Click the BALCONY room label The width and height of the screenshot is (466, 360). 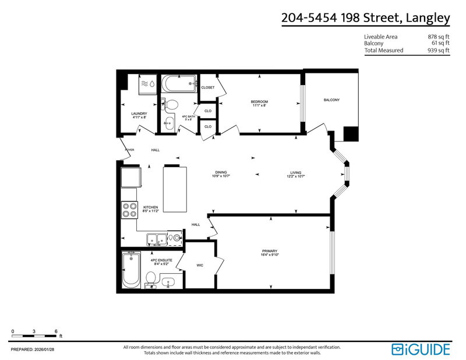click(331, 100)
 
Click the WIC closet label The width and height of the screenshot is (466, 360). click(200, 265)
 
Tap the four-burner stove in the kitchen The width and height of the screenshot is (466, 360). click(129, 210)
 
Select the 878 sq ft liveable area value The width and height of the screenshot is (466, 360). click(438, 36)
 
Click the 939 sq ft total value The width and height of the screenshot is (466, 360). click(438, 50)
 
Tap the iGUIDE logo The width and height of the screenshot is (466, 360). click(421, 349)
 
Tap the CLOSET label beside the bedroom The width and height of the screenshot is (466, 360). click(208, 87)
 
